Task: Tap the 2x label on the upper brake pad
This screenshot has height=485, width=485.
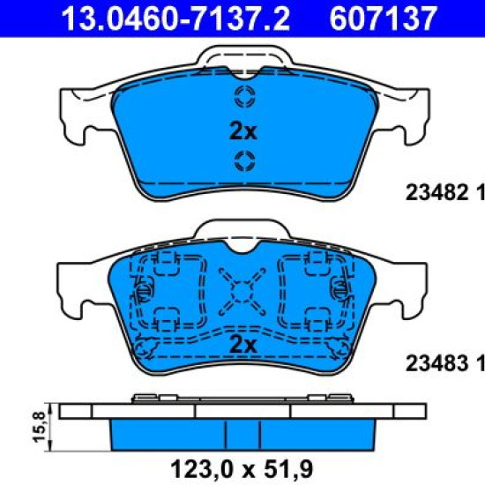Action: click(243, 131)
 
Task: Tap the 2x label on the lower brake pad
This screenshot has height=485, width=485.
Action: click(243, 345)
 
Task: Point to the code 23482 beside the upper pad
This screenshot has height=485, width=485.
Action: click(436, 192)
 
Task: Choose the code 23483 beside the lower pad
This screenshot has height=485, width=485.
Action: click(436, 363)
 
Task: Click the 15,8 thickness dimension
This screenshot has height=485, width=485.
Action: click(40, 427)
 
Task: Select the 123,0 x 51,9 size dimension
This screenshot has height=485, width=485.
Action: click(242, 469)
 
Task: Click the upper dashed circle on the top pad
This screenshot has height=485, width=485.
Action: click(245, 96)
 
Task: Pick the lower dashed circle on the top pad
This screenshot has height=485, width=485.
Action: click(244, 161)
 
